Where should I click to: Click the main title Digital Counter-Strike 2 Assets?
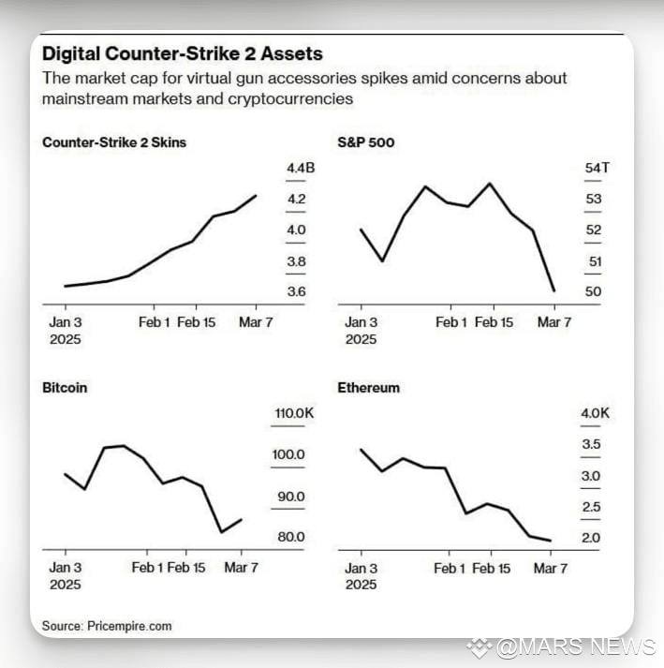183,54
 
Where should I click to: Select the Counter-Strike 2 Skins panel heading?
114,142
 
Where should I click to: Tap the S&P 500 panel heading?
366,142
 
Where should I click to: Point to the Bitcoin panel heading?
65,388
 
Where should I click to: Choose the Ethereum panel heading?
368,388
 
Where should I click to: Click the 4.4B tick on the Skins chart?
301,168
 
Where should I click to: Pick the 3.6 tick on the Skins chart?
297,291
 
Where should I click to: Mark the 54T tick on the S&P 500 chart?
598,168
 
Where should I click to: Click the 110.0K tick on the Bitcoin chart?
294,413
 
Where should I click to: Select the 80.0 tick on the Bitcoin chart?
291,537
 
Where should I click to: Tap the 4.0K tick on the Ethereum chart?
595,413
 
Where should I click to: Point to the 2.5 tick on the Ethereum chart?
591,507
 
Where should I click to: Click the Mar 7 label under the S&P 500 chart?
554,322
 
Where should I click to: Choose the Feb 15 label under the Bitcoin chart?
186,568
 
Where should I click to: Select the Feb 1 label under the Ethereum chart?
450,569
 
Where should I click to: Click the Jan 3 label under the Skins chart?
66,322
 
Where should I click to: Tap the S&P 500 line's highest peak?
490,184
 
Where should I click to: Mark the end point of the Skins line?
256,196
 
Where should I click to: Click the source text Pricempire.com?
129,626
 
